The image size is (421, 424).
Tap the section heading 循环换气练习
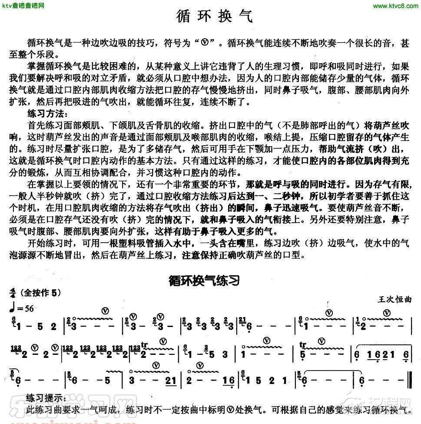205,281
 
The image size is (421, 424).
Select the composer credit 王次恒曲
395,300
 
